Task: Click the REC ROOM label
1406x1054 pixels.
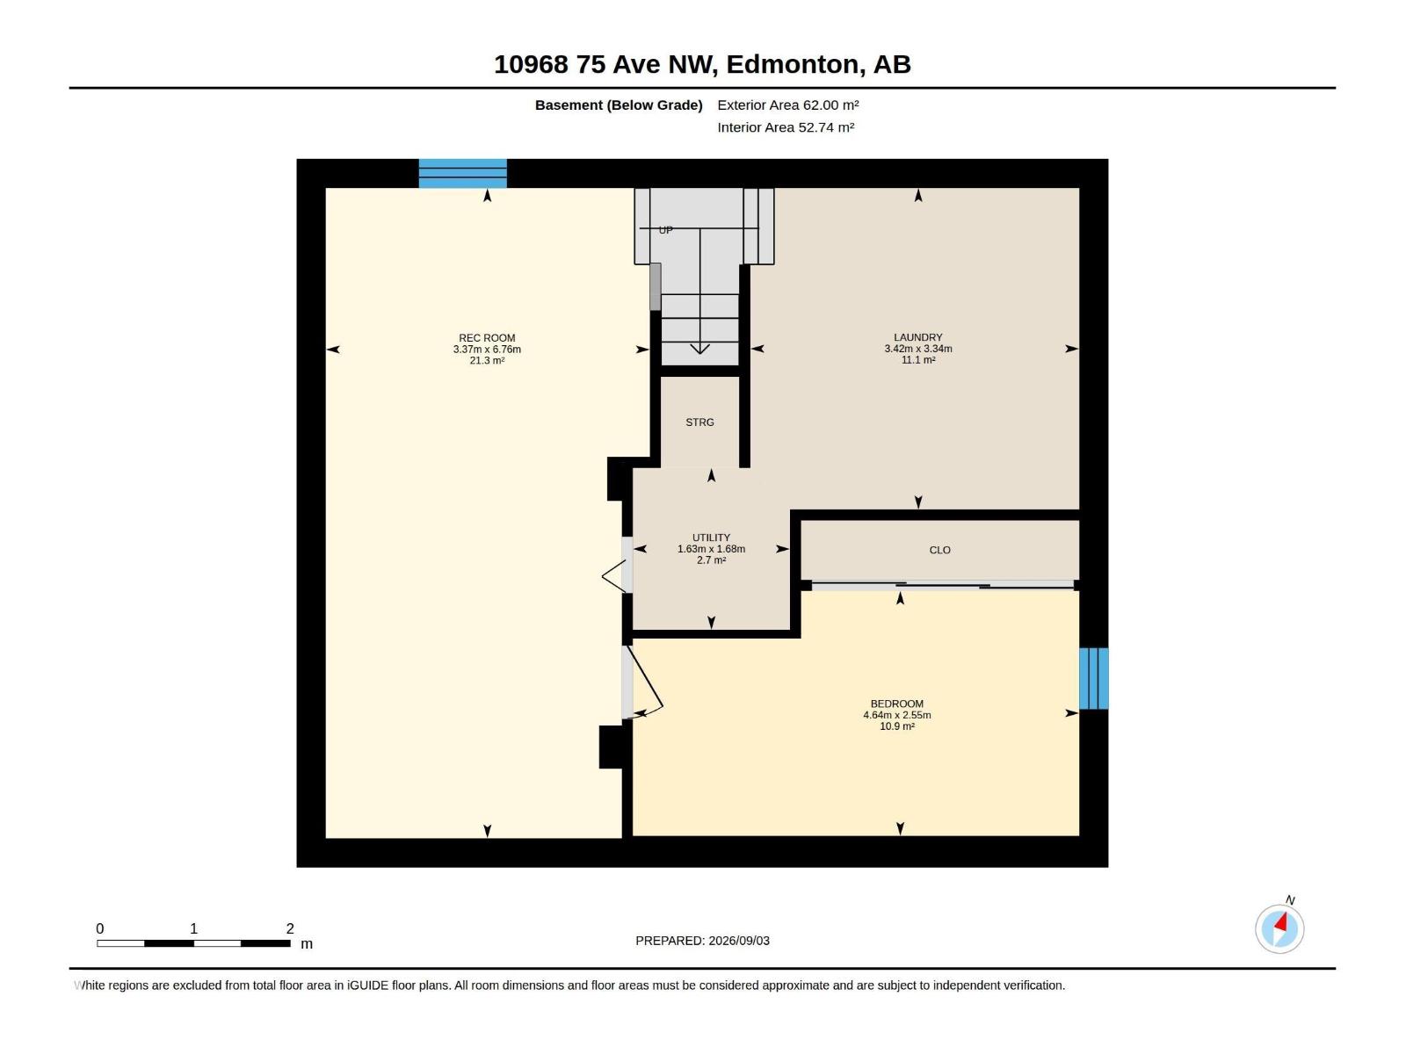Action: (487, 338)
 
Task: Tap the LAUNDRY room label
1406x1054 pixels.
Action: (918, 337)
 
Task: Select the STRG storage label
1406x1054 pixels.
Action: (699, 422)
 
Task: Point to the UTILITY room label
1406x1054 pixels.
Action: (711, 538)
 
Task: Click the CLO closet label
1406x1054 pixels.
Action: (939, 551)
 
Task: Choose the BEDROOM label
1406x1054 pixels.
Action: (897, 704)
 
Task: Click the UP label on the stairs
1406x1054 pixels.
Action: (665, 230)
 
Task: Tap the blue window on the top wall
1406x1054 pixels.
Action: (462, 173)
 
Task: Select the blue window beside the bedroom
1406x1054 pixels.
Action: (1093, 678)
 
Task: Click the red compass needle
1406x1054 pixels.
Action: (1281, 923)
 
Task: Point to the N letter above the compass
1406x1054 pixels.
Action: (1290, 900)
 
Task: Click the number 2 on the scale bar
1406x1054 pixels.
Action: (289, 928)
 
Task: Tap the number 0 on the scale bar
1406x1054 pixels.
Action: (100, 928)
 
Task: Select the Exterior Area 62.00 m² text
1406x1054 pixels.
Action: (788, 105)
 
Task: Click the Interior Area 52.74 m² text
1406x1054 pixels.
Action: (786, 127)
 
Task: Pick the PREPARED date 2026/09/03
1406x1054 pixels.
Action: (739, 941)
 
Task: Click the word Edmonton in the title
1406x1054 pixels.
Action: (793, 64)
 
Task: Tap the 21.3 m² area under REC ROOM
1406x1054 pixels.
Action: (487, 361)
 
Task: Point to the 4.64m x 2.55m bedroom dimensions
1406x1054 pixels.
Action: (897, 716)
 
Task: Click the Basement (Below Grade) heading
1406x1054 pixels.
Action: (619, 105)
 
